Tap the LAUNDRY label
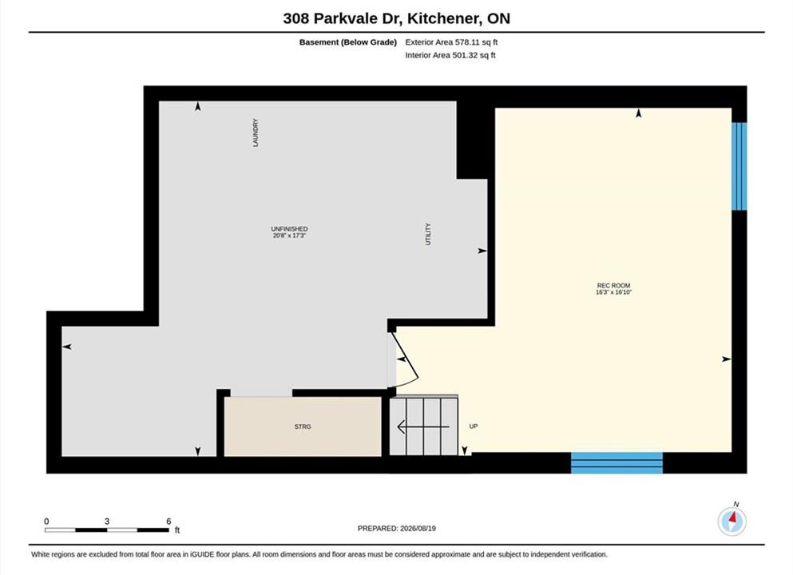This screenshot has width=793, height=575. (256, 133)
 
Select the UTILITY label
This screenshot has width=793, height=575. (428, 234)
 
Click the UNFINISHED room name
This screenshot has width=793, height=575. (289, 229)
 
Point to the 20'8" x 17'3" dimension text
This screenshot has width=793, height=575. (289, 236)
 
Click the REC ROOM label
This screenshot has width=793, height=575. (613, 286)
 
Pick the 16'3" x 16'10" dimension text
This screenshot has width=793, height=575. (613, 292)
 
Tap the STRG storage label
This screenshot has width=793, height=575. (303, 426)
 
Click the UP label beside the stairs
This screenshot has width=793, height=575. (474, 426)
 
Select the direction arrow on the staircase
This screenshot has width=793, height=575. (423, 426)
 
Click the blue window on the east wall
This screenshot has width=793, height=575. (739, 166)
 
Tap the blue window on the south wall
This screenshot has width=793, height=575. (617, 462)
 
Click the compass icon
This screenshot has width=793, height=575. (732, 521)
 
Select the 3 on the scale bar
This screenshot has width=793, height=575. (107, 521)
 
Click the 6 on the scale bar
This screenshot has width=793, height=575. (169, 521)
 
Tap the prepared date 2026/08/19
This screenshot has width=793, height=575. (418, 529)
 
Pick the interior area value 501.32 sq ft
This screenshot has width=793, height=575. (474, 56)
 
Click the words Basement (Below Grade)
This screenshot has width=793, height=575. (348, 42)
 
